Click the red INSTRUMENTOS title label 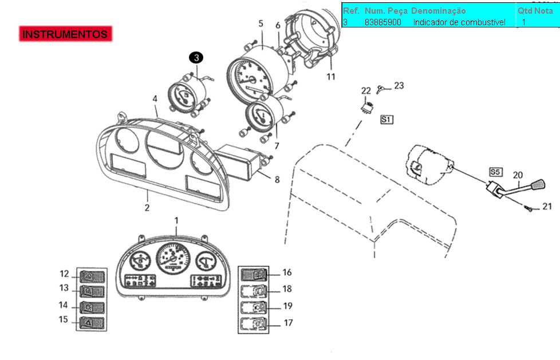[65, 34]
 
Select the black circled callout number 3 [196, 58]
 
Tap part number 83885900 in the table [383, 22]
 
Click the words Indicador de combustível [459, 22]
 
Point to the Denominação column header [438, 11]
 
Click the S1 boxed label [387, 120]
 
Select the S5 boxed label [495, 172]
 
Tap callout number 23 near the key [399, 86]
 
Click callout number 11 [331, 77]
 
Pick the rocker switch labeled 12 [92, 276]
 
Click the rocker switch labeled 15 [92, 323]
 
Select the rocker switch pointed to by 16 [254, 275]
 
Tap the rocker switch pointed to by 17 [254, 324]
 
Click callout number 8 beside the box [277, 180]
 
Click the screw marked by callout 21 [529, 208]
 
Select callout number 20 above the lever [518, 175]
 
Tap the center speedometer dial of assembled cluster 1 [173, 258]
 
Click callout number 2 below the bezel [147, 208]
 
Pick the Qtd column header [525, 11]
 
